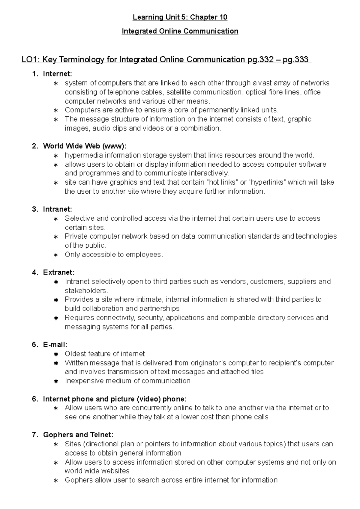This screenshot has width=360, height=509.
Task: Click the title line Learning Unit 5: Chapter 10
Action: (180, 17)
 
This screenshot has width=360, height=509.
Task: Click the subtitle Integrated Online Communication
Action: (180, 31)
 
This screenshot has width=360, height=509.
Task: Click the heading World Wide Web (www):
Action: (85, 146)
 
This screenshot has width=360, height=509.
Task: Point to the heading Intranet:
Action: (58, 209)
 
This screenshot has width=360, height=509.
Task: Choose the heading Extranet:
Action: (59, 272)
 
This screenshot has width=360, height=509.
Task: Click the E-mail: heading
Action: (55, 345)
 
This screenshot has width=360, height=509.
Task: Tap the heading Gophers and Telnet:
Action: (78, 435)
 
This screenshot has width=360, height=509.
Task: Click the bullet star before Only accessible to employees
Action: (56, 255)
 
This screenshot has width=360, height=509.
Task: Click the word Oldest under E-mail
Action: (75, 354)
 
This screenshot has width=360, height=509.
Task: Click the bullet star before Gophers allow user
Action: (56, 481)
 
